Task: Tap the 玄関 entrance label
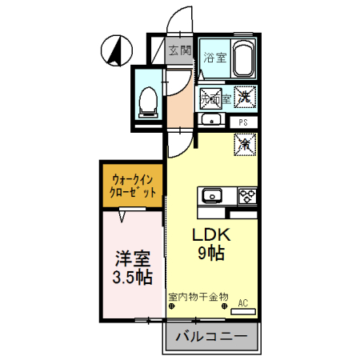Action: tap(180, 50)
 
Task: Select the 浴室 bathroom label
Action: tap(214, 58)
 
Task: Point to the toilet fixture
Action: tap(147, 101)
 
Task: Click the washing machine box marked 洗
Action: tap(245, 95)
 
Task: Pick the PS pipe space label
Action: tap(244, 122)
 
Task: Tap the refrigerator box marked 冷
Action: tap(244, 144)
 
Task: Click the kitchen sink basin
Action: tap(212, 195)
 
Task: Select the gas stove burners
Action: tap(246, 195)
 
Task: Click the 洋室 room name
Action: tap(131, 259)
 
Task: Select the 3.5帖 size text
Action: tap(131, 278)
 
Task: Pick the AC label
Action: tap(243, 302)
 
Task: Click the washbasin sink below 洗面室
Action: tap(211, 121)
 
